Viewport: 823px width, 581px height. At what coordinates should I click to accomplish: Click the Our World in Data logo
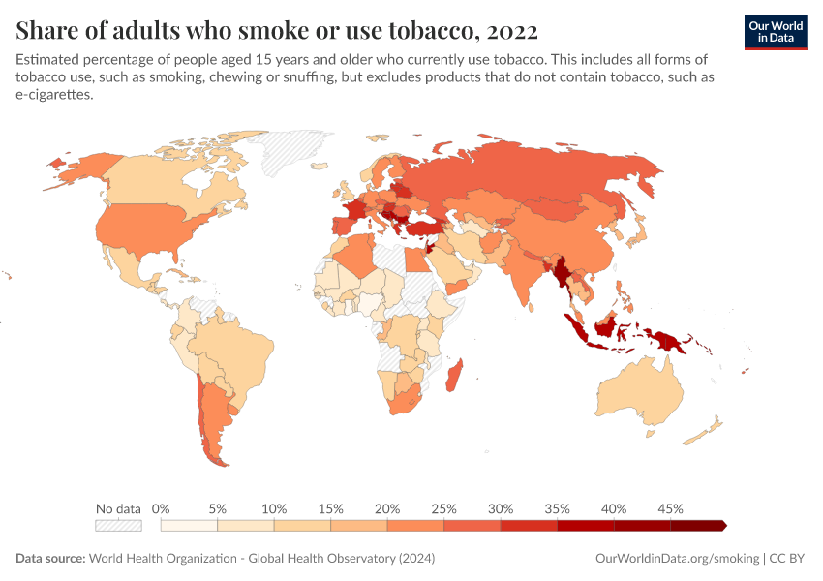click(x=775, y=31)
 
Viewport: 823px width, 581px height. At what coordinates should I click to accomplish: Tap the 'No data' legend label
click(x=118, y=508)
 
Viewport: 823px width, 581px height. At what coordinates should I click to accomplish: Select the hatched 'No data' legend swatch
click(x=118, y=525)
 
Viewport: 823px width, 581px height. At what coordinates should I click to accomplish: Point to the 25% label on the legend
click(x=444, y=508)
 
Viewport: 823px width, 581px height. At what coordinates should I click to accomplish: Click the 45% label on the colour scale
click(x=670, y=508)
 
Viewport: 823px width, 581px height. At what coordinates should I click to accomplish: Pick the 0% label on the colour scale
click(x=162, y=508)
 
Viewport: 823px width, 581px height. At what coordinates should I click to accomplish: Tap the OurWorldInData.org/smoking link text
click(x=675, y=559)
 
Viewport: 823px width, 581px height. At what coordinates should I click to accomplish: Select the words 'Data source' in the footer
click(x=49, y=559)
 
